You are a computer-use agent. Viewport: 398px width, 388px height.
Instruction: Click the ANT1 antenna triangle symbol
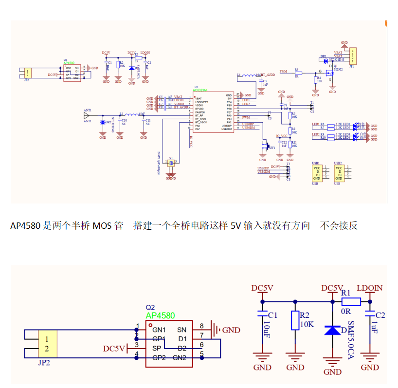pos(87,116)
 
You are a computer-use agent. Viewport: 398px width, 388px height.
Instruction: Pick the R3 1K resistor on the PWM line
pos(298,73)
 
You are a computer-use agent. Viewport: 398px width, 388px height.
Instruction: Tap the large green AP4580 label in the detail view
pos(160,315)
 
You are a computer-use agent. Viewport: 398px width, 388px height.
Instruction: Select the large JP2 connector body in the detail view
pos(47,344)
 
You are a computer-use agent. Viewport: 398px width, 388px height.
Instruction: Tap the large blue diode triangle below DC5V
pos(332,331)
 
